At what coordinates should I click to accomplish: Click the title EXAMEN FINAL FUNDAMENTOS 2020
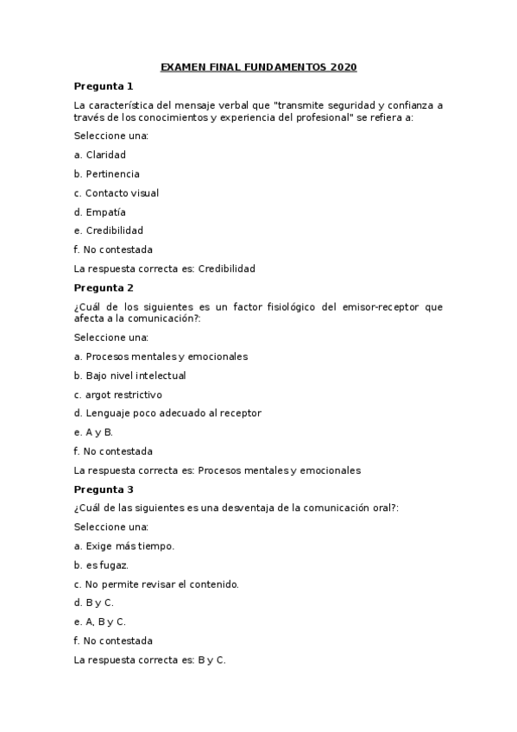(x=258, y=67)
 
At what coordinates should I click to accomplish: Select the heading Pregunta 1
(x=104, y=86)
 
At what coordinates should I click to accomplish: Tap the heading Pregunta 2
(x=104, y=288)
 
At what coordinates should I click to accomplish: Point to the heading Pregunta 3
(x=104, y=489)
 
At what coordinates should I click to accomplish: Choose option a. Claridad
(x=100, y=155)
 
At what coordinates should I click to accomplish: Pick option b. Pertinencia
(x=107, y=174)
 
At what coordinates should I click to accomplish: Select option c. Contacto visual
(x=117, y=193)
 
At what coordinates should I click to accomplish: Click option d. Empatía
(x=100, y=212)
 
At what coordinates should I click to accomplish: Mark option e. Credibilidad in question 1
(x=109, y=231)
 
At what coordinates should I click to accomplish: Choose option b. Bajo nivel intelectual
(x=130, y=375)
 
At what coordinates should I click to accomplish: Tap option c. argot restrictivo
(x=118, y=394)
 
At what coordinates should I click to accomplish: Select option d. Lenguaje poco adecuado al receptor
(x=168, y=413)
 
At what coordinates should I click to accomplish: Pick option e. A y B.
(x=94, y=432)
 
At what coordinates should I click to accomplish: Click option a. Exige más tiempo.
(x=124, y=546)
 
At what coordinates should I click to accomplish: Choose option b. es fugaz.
(x=102, y=565)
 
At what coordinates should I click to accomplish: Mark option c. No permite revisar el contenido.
(x=156, y=584)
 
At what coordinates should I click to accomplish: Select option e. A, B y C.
(x=100, y=622)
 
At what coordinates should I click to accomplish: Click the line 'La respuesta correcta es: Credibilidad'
(x=165, y=269)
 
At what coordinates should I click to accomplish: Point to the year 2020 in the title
(x=343, y=67)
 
